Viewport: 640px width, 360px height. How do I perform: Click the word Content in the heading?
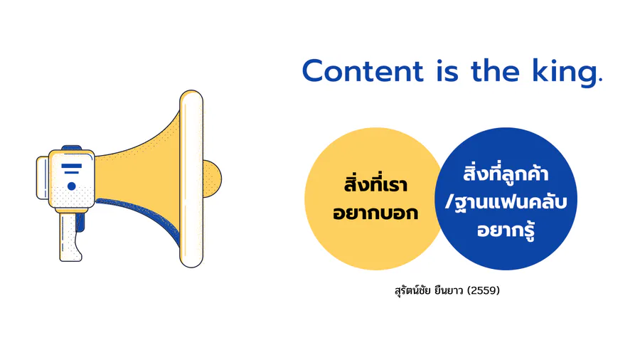point(363,71)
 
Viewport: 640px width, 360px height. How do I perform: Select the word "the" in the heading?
point(495,70)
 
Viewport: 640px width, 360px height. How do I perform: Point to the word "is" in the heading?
point(447,71)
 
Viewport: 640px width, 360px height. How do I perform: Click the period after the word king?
point(599,81)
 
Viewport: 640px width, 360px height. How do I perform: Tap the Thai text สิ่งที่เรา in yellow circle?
point(375,184)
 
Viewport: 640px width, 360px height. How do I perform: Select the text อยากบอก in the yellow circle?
point(375,213)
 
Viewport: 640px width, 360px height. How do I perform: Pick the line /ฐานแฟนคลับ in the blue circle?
point(506,201)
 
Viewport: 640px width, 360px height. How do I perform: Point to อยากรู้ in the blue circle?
point(506,230)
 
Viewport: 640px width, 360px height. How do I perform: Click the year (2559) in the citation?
point(484,290)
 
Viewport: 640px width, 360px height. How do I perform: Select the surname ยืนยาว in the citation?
point(449,290)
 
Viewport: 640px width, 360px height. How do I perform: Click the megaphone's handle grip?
point(70,237)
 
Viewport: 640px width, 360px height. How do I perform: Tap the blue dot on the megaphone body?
point(71,186)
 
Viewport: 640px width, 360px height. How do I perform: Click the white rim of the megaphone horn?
point(191,179)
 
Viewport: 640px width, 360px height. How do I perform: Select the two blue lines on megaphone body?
point(71,169)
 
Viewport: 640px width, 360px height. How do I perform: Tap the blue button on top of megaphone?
point(71,148)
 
